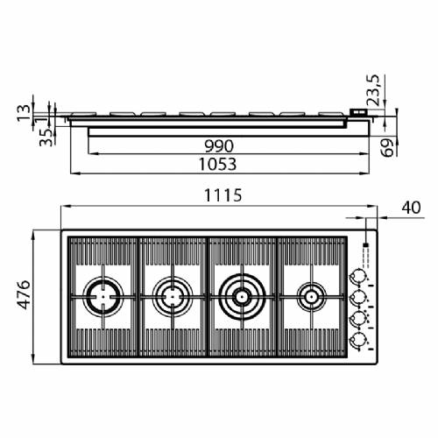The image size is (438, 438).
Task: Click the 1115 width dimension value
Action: coord(216,196)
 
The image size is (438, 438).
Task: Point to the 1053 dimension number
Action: coord(216,164)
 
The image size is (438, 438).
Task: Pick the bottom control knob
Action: coord(357,339)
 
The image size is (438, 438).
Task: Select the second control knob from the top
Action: coord(357,298)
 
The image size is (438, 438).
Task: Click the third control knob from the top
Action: coord(357,319)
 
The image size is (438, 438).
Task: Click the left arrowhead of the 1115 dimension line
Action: coord(64,208)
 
